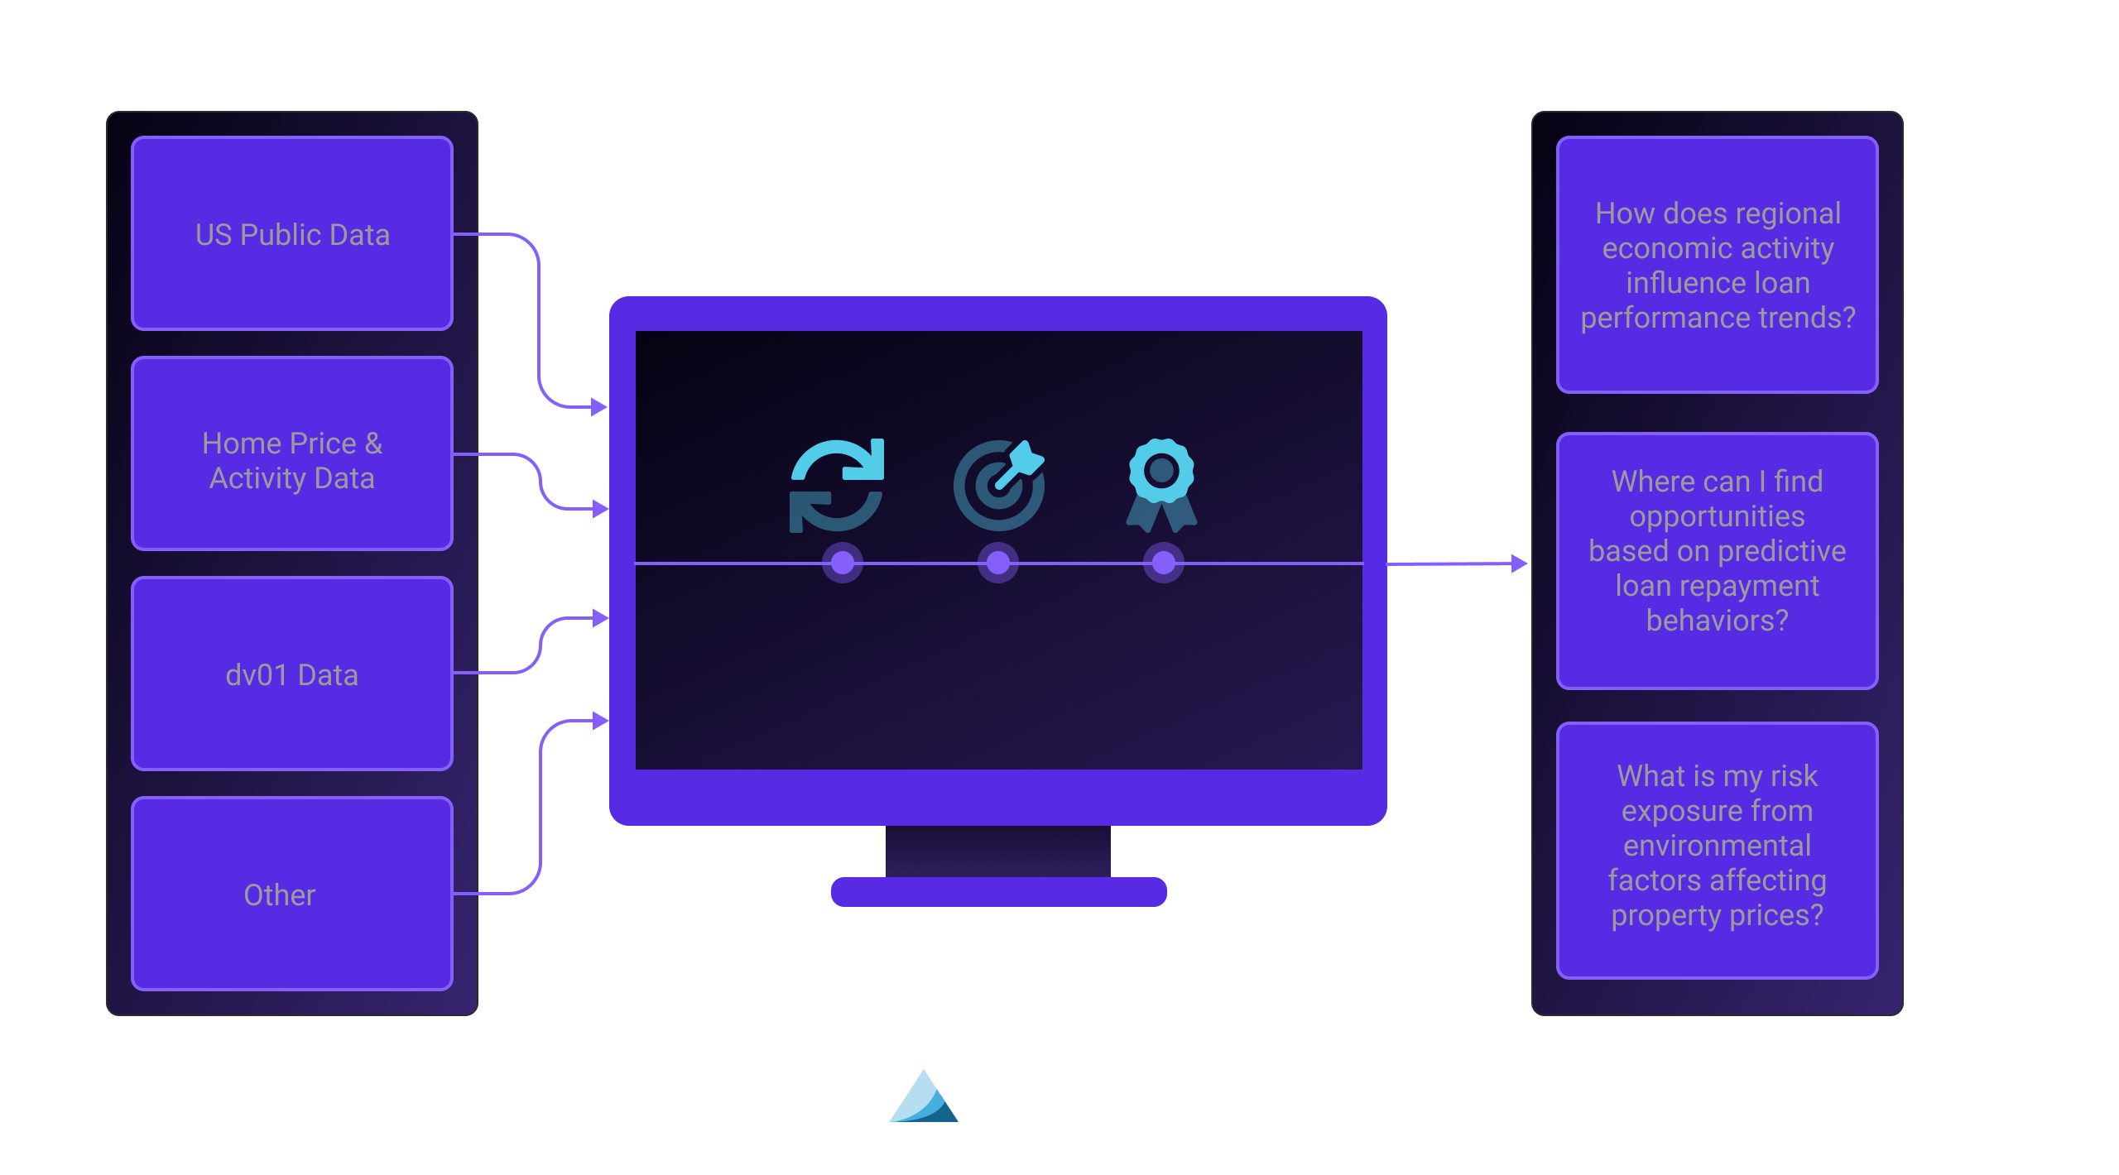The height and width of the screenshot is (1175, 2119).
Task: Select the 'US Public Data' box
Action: (x=292, y=233)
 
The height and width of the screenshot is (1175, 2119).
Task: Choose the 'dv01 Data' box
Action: (x=292, y=674)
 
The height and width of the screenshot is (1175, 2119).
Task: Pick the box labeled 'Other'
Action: (x=292, y=894)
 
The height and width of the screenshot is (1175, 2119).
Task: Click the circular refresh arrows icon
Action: (x=837, y=485)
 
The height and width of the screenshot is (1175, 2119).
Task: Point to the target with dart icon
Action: (x=999, y=485)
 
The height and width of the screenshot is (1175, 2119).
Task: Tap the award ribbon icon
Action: (x=1161, y=485)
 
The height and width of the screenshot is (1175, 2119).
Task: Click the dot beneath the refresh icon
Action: (x=843, y=564)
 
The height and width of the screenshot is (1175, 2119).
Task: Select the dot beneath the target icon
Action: (x=998, y=564)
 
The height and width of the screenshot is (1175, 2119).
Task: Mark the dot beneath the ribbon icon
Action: (x=1164, y=564)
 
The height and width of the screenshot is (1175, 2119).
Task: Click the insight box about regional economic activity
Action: (x=1718, y=265)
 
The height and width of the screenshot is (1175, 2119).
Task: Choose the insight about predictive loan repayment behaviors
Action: (x=1718, y=560)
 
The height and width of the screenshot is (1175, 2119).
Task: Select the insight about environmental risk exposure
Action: (x=1718, y=850)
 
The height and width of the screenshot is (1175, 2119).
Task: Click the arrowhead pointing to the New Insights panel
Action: (x=1519, y=564)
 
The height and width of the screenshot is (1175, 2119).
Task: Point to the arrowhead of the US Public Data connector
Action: (x=599, y=407)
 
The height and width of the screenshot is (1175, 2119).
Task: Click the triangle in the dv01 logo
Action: (x=923, y=1099)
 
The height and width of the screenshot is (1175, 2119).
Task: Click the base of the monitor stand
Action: (x=998, y=892)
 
